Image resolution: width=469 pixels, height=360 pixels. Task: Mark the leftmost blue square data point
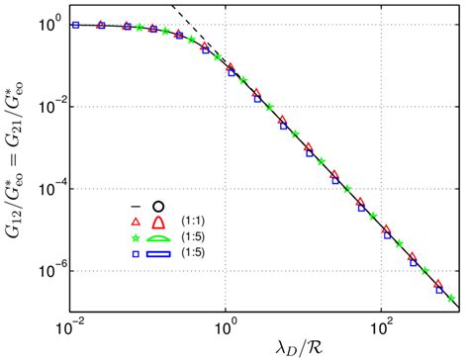coord(76,25)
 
